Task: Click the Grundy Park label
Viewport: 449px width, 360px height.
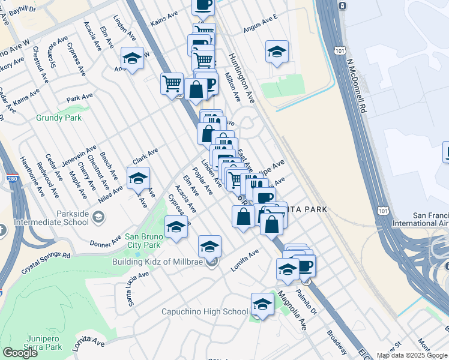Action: [x=59, y=118]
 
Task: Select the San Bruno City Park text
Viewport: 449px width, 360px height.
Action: [x=143, y=240]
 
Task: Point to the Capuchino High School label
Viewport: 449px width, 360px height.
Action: [x=205, y=311]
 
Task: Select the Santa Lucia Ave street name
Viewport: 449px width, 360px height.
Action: [x=139, y=289]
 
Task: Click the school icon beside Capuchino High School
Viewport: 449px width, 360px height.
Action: [x=262, y=305]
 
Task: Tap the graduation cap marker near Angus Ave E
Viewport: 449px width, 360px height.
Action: [x=276, y=53]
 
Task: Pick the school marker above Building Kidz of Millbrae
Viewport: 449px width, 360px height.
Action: [x=209, y=247]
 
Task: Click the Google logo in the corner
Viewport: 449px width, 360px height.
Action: [x=20, y=353]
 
